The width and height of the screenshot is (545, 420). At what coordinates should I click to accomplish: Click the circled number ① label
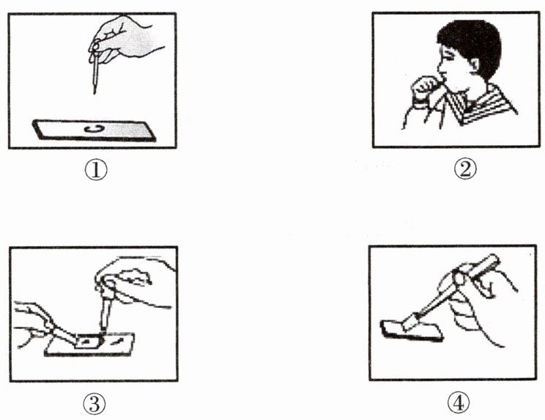point(96,169)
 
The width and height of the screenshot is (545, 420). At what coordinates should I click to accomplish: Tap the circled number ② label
point(465,170)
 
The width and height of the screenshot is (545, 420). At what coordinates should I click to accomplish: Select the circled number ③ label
point(94,404)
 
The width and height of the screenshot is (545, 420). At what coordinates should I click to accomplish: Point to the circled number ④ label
point(459,403)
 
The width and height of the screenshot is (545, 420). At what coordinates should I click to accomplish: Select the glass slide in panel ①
point(94,130)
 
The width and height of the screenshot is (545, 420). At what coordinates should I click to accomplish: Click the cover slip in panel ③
point(88,342)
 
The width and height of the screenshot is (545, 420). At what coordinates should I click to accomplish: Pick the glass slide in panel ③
point(89,345)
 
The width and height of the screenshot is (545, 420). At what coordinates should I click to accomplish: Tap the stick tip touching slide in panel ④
point(410,322)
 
